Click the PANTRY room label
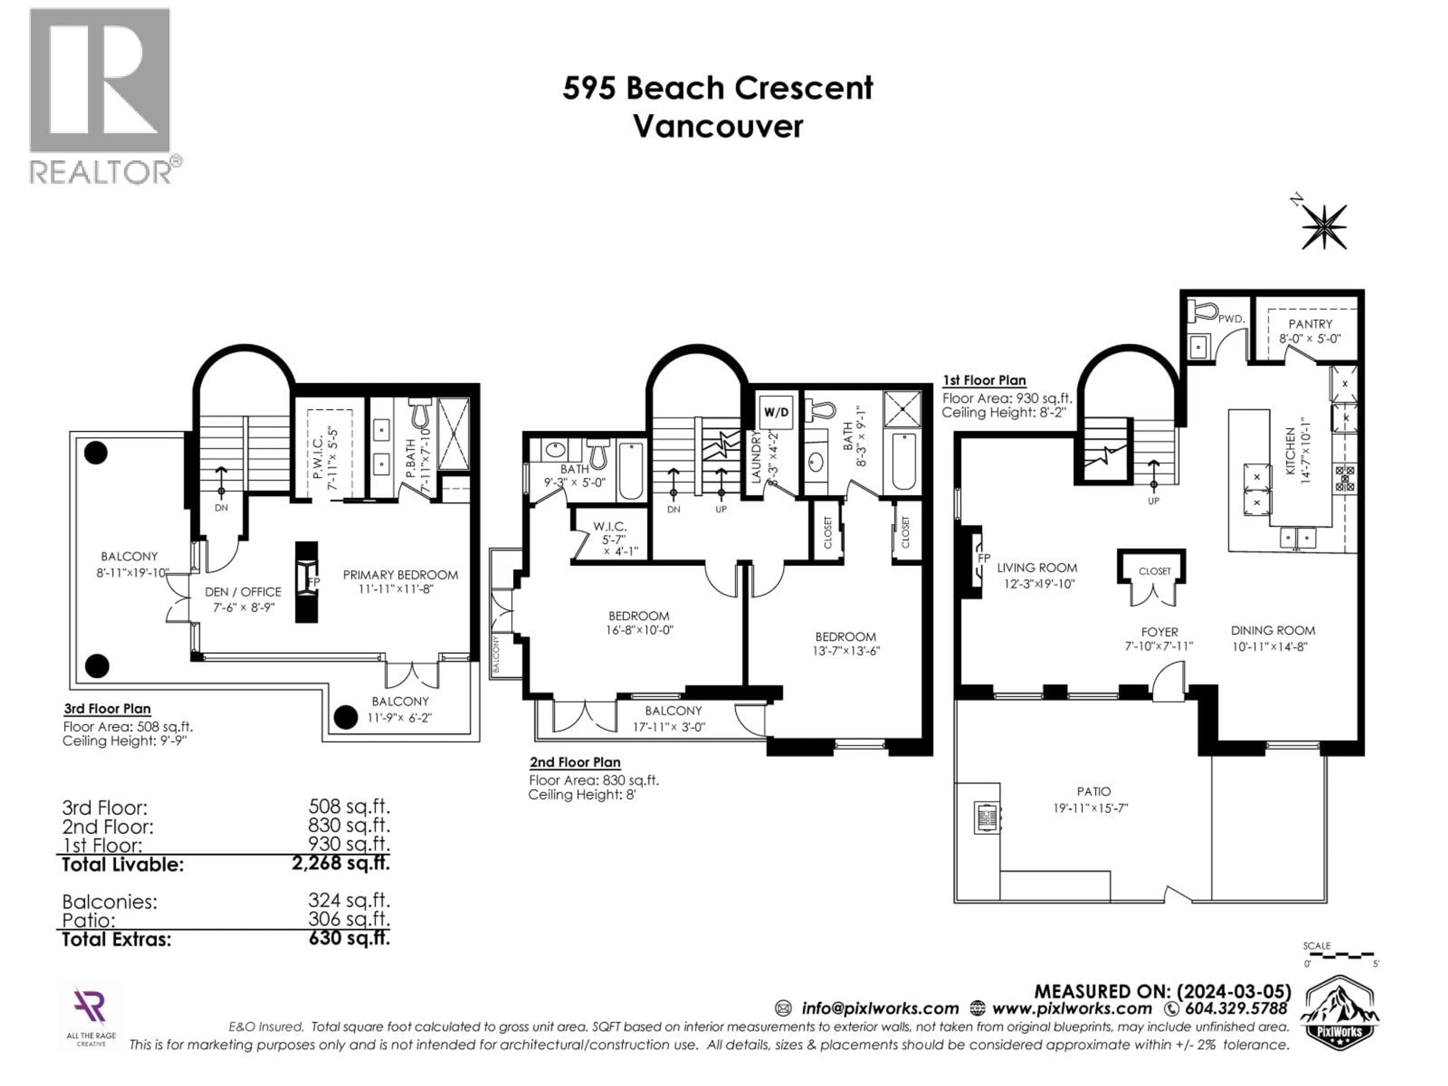[1310, 324]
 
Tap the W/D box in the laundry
[776, 413]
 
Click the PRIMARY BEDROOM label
[400, 575]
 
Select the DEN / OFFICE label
[243, 592]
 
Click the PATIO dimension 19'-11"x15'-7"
[1091, 808]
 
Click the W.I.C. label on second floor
[610, 526]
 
